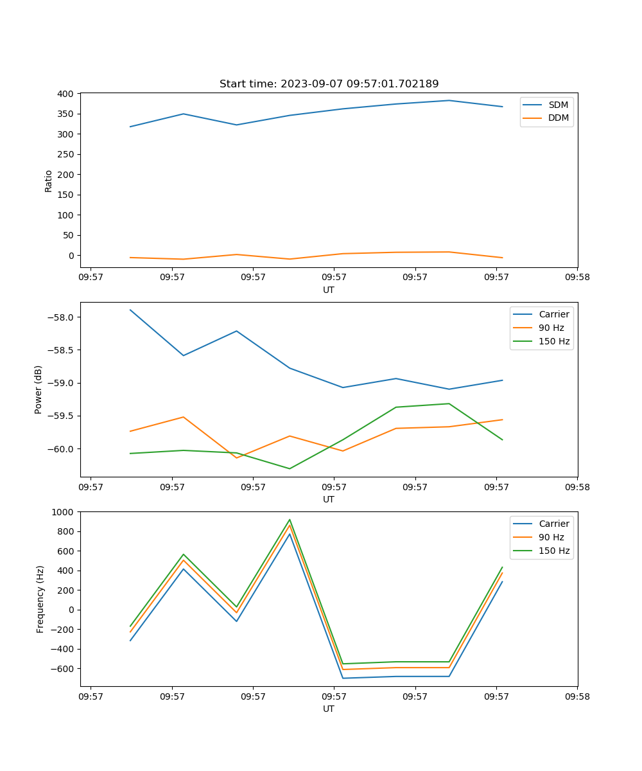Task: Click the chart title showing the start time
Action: coord(329,84)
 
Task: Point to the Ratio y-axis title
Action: coord(48,181)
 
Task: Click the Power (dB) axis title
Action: coord(39,389)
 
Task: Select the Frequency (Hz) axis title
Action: coord(40,599)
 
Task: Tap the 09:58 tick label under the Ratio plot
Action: coord(577,278)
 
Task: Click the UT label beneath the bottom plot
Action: coord(329,709)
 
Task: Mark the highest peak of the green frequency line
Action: coord(290,520)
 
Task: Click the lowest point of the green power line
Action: coord(290,468)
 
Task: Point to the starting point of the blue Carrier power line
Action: coord(130,310)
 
